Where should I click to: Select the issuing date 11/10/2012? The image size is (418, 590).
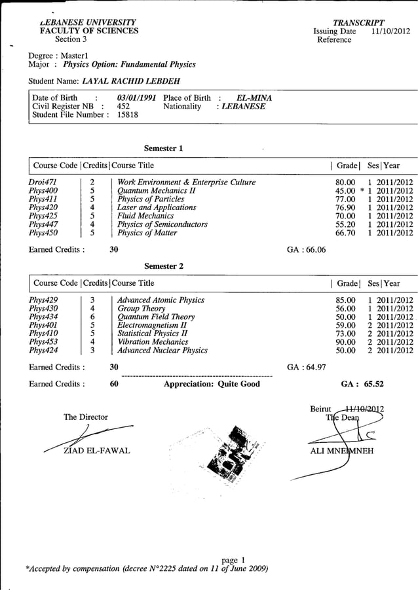[x=390, y=31]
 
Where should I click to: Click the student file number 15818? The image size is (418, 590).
[x=128, y=114]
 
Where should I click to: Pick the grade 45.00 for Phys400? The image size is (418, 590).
[x=345, y=190]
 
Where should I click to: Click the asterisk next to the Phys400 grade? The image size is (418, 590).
[x=361, y=191]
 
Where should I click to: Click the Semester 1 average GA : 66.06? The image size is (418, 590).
[x=307, y=249]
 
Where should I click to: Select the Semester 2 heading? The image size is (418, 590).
[x=164, y=266]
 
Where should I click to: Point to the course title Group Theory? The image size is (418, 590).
[x=141, y=308]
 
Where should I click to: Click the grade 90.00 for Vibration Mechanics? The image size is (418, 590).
[x=345, y=341]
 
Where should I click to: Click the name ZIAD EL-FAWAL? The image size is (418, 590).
[x=97, y=451]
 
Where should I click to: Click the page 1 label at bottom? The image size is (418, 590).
[x=234, y=559]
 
